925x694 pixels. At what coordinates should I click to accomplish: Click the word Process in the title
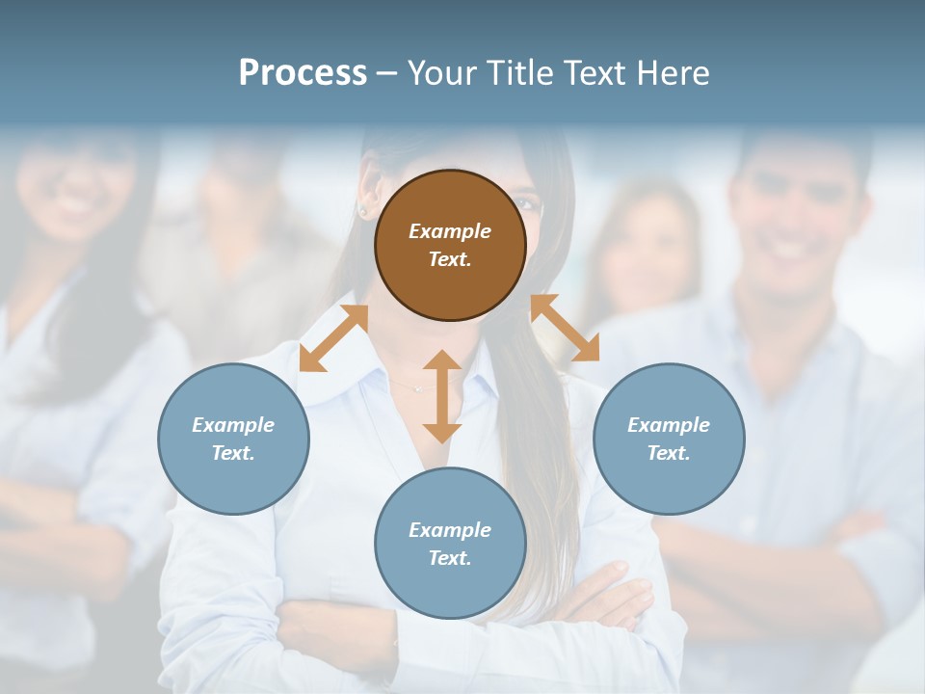click(303, 73)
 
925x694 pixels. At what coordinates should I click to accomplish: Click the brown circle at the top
click(450, 245)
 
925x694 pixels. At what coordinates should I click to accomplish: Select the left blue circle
click(233, 439)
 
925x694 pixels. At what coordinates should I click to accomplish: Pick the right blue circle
click(669, 439)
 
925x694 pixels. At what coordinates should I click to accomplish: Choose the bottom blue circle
click(450, 544)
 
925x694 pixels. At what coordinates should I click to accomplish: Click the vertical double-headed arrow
click(442, 396)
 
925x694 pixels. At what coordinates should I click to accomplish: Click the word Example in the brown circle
click(450, 231)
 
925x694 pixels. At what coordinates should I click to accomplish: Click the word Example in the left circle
click(233, 425)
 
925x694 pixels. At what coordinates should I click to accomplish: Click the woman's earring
click(363, 209)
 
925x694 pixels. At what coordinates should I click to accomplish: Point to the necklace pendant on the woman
click(418, 387)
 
